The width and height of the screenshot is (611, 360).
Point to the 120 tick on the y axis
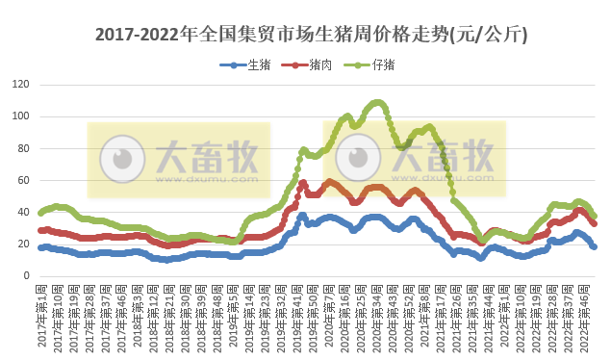pos(20,85)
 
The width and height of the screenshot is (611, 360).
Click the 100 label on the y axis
pos(20,116)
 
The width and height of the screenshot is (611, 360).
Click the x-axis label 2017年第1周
pos(41,313)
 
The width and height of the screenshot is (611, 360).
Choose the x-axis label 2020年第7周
pos(327,313)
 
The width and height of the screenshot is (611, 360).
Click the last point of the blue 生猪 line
pos(594,247)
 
